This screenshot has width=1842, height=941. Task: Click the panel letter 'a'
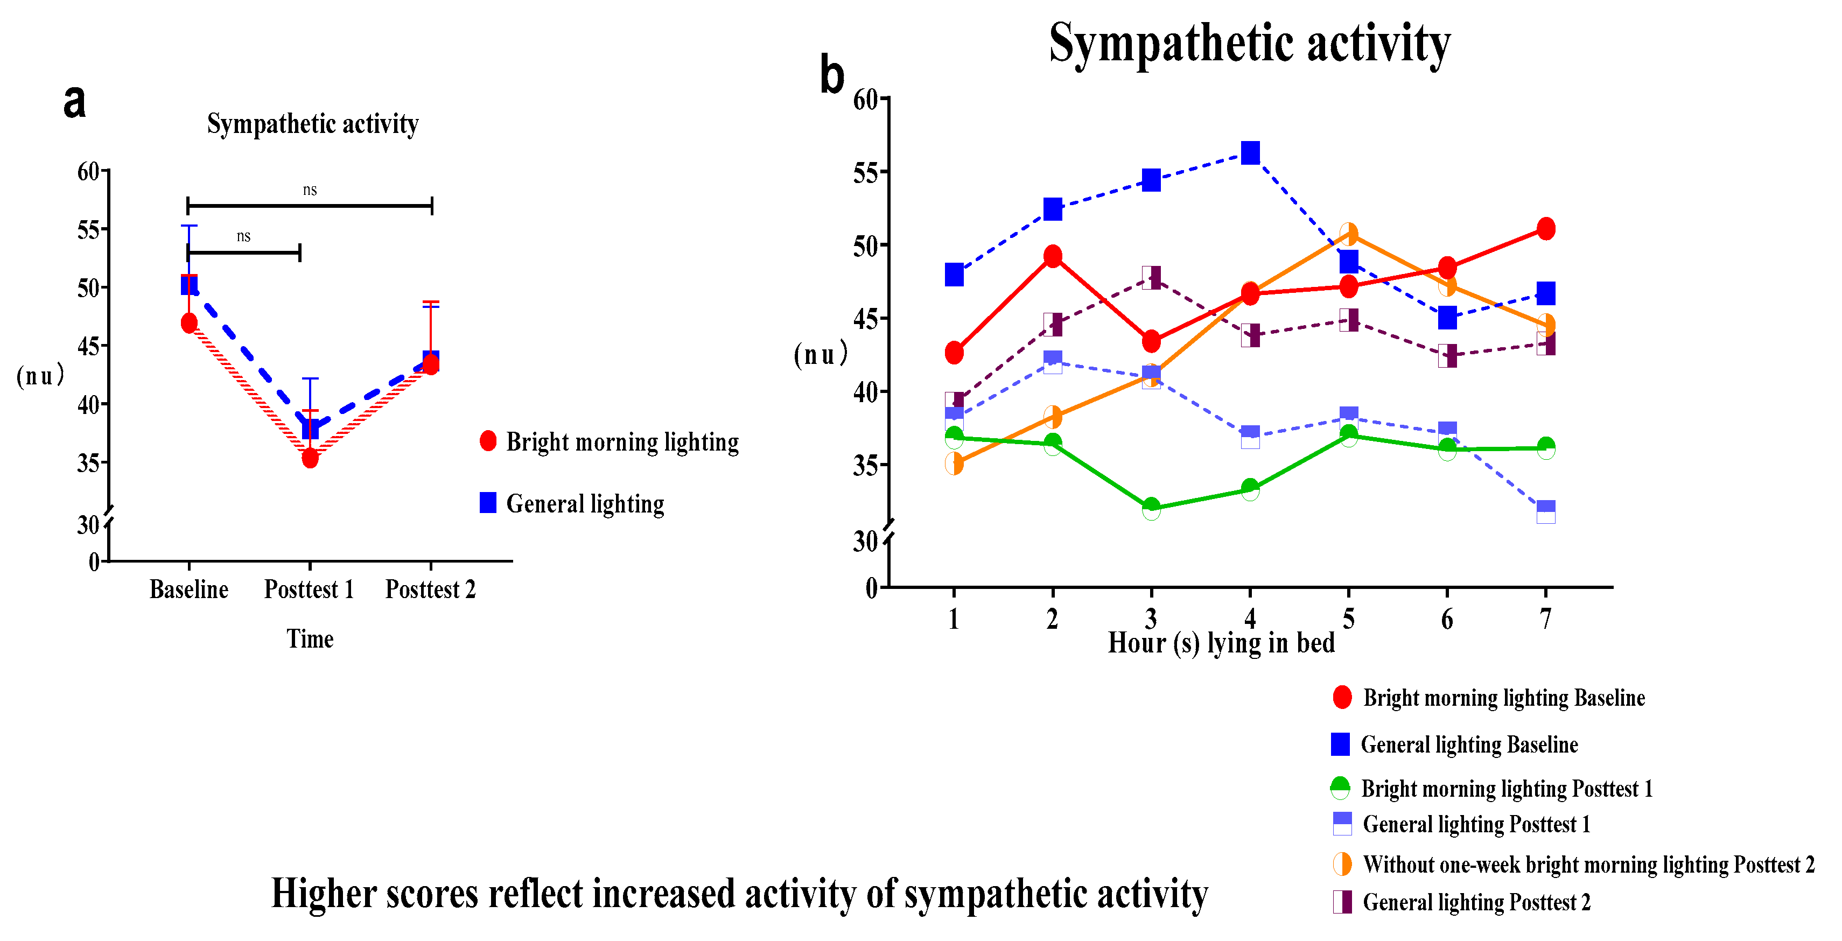pos(74,102)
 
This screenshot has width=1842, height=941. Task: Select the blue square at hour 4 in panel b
pos(1250,152)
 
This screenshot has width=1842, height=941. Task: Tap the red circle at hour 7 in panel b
pos(1546,229)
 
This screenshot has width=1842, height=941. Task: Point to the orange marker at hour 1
pos(954,464)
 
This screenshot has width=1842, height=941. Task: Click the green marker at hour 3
pos(1151,508)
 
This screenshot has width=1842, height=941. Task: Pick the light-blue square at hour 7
pos(1546,512)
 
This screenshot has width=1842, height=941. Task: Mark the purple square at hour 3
pos(1151,277)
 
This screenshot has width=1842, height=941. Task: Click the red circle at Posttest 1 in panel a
pos(310,458)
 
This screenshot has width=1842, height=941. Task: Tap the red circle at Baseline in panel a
pos(189,323)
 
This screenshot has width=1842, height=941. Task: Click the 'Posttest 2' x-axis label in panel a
pos(430,589)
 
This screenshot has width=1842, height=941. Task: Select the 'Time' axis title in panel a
pos(310,638)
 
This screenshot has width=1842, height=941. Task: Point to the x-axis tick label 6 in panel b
pos(1447,619)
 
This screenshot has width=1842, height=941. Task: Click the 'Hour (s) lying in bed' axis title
pos(1221,643)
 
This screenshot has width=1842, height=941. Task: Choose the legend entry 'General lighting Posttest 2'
pos(1476,902)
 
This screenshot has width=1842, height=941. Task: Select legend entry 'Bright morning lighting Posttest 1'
pos(1506,789)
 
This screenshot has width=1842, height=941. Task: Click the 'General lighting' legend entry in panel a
pos(584,504)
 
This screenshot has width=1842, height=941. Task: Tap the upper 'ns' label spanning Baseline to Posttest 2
pos(310,190)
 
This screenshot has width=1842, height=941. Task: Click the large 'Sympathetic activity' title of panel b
pos(1249,43)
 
